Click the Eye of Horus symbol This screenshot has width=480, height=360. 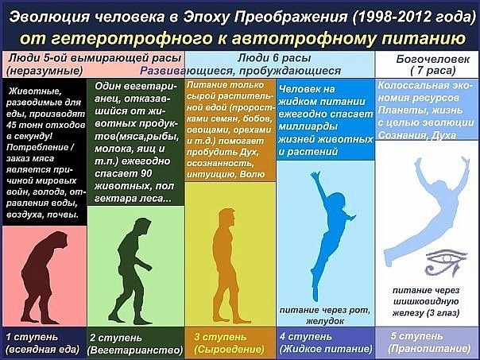tap(446, 262)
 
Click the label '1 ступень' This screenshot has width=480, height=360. tap(32, 337)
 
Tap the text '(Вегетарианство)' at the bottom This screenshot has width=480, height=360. tap(135, 350)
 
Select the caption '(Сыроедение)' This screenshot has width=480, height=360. tap(229, 350)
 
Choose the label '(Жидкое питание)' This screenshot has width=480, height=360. tap(326, 349)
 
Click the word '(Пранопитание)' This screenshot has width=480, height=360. tap(429, 349)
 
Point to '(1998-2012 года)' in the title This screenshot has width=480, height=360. tap(413, 17)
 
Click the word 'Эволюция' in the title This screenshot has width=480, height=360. tap(49, 17)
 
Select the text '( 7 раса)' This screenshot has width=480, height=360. tap(433, 71)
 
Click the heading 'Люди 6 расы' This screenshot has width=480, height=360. tap(274, 58)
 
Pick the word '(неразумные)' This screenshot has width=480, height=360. tap(45, 71)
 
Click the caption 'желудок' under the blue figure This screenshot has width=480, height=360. tap(325, 321)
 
